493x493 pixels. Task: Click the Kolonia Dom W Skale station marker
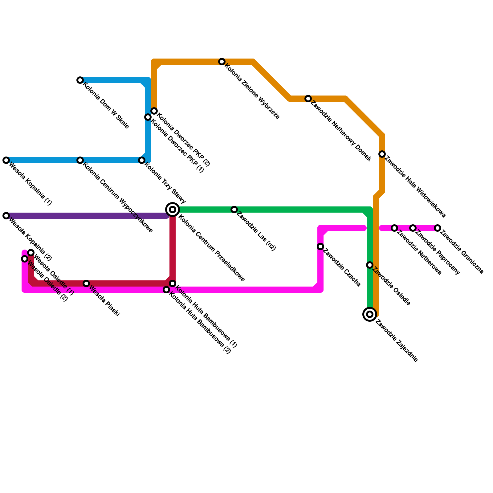(80, 80)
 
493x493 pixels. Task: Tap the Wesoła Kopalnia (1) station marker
(6, 160)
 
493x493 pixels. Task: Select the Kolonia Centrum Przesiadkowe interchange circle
(173, 210)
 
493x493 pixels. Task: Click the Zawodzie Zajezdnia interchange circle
(370, 314)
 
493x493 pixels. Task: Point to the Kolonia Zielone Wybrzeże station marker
(222, 62)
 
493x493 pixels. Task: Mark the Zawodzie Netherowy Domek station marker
(308, 99)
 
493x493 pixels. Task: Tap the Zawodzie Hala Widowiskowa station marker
(382, 154)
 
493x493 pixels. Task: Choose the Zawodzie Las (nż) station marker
(234, 210)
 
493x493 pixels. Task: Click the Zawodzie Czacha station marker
(320, 246)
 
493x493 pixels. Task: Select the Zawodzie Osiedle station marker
(370, 265)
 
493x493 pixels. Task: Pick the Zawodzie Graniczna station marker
(438, 228)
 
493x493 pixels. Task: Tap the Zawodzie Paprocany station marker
(413, 228)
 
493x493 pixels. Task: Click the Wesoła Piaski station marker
(87, 283)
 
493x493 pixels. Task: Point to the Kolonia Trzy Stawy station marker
(142, 160)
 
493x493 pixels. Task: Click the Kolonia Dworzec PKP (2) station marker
(154, 111)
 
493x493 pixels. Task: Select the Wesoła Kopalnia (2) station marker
(6, 216)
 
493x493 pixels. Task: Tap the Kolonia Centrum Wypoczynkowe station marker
(80, 160)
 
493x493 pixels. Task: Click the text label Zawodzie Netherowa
(419, 253)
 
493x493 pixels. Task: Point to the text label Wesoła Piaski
(104, 300)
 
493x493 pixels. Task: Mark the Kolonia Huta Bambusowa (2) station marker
(166, 290)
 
